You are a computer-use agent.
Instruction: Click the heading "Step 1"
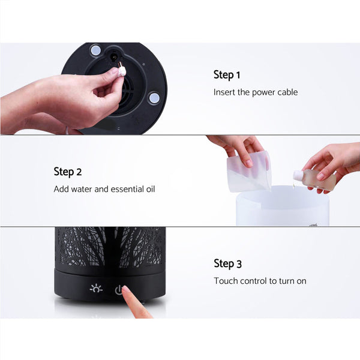tap(227, 75)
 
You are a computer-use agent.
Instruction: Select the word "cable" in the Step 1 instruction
tap(286, 92)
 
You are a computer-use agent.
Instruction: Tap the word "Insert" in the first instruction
tap(224, 92)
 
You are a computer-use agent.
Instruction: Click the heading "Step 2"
tap(67, 172)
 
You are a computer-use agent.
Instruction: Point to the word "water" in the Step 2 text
tap(83, 189)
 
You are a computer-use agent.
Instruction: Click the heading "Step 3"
tap(227, 263)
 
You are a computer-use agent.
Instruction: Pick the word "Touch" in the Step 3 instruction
tap(226, 281)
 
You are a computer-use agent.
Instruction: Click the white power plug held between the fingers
tap(122, 70)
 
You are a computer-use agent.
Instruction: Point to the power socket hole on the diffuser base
tap(114, 57)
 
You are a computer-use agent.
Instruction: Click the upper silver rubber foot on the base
tap(95, 49)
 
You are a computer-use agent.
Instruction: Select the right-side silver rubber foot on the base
tap(154, 97)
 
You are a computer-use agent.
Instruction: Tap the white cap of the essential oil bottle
tap(298, 175)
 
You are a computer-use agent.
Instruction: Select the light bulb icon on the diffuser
tap(96, 289)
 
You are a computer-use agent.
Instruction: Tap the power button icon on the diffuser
tap(119, 290)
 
